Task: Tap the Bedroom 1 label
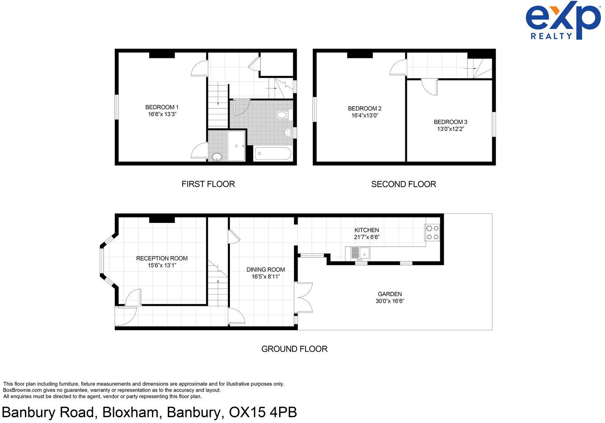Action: (162, 107)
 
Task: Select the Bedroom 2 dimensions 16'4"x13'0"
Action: (365, 116)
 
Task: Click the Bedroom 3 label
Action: (450, 122)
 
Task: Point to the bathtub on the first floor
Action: (273, 153)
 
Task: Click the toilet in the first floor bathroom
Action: (282, 115)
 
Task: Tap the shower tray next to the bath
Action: (236, 146)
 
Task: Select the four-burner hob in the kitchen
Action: (432, 232)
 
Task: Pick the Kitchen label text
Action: (367, 230)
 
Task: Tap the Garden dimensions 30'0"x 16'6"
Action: (390, 301)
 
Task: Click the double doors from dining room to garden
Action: (305, 297)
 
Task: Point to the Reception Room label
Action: (162, 258)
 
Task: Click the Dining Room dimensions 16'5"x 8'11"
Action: (265, 277)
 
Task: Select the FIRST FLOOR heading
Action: (208, 184)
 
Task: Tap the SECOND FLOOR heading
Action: (403, 184)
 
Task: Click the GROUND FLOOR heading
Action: (294, 349)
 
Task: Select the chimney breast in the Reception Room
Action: (162, 220)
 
